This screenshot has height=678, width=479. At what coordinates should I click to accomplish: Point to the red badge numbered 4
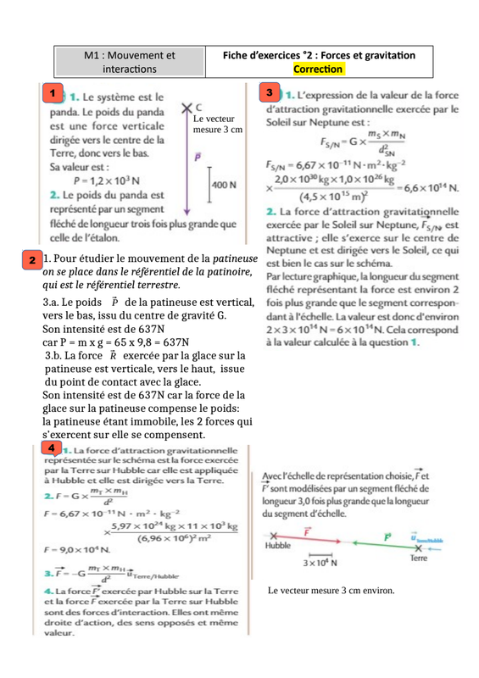52,447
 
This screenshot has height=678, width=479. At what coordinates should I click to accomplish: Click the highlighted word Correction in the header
319,69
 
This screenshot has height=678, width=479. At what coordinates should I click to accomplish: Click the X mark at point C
187,108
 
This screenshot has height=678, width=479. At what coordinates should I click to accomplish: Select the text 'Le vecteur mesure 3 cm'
218,125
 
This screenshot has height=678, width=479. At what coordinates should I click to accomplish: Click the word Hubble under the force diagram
278,547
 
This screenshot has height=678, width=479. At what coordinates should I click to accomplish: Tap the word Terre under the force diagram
417,559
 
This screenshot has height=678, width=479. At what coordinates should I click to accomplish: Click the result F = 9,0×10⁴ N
69,549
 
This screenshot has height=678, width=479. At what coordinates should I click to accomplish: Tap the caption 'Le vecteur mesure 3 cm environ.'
331,590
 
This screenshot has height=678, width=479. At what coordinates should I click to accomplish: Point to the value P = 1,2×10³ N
107,181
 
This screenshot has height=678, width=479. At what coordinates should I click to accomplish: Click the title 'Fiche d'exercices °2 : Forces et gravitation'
319,55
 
